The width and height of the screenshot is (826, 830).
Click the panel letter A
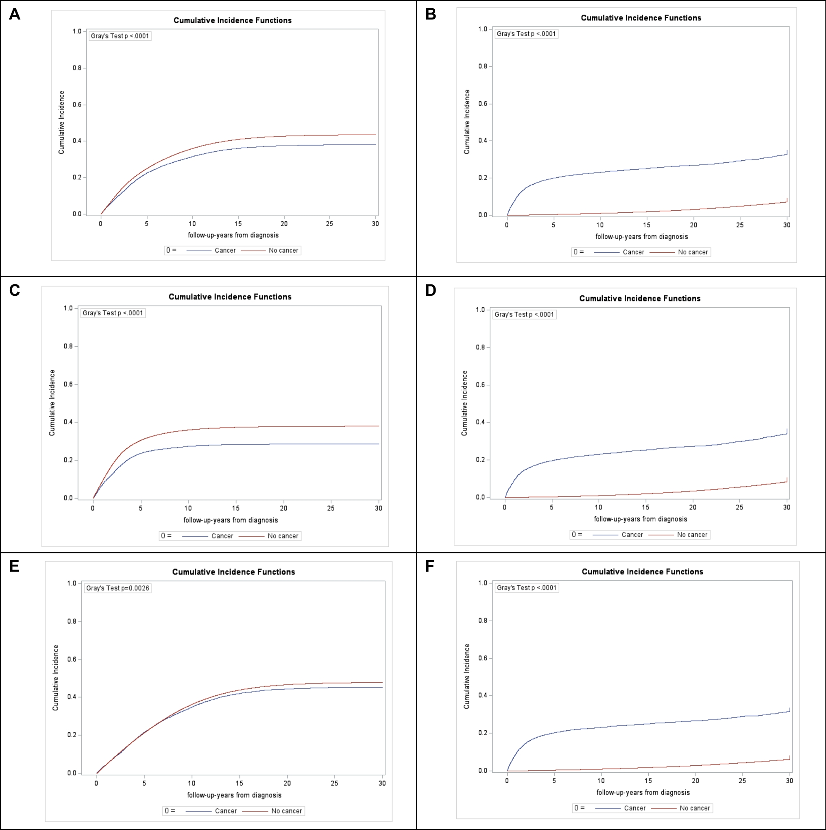point(15,14)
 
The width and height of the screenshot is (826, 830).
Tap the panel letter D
point(430,290)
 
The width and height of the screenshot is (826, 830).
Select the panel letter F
point(430,566)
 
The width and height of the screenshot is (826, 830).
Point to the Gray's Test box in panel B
point(526,34)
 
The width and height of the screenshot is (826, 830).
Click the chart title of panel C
point(230,297)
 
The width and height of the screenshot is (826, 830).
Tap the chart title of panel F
point(642,572)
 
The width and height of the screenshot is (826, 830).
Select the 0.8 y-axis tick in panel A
point(77,68)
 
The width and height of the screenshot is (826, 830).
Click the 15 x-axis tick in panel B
point(647,225)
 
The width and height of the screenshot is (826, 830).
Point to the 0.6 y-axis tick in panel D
point(480,385)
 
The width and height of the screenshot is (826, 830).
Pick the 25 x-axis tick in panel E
point(334,783)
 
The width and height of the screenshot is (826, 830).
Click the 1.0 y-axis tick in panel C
point(68,308)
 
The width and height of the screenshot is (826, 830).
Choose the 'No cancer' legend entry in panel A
point(283,251)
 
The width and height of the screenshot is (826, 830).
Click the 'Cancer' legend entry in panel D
point(632,535)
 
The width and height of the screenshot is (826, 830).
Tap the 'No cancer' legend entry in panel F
point(695,808)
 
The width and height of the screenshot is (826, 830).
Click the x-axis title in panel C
point(231,520)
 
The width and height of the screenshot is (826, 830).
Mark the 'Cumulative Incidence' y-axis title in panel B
point(467,122)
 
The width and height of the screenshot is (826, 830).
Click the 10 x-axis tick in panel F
point(601,781)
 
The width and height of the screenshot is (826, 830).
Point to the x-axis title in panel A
point(233,236)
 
